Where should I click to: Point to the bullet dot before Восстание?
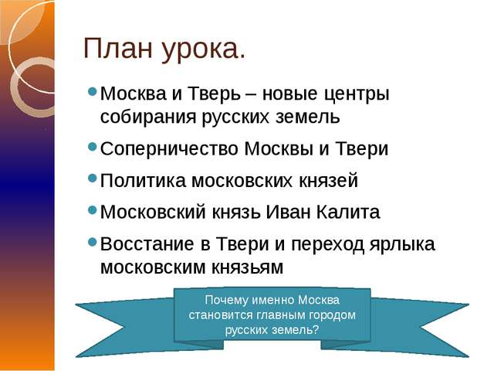coord(93,243)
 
